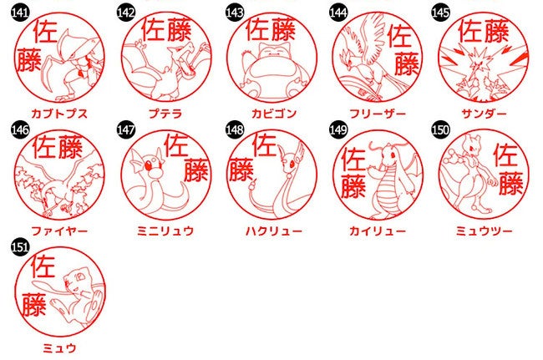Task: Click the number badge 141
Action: tap(20, 13)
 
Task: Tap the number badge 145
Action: tap(440, 13)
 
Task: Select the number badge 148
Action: tap(235, 129)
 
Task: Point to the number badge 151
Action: tap(20, 247)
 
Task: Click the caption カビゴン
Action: tap(273, 114)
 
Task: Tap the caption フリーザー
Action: tap(377, 114)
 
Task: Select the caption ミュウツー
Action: tap(484, 231)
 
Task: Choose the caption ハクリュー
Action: tap(273, 231)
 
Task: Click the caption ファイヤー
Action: tap(59, 231)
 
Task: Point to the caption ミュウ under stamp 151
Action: tap(59, 347)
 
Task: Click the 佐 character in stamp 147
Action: tap(176, 145)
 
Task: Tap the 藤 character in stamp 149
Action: tap(353, 186)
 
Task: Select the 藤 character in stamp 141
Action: tap(29, 59)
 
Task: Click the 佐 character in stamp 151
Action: tap(43, 266)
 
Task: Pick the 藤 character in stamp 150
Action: tap(510, 184)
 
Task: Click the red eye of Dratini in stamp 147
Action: tap(149, 166)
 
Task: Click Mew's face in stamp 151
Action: tap(75, 279)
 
